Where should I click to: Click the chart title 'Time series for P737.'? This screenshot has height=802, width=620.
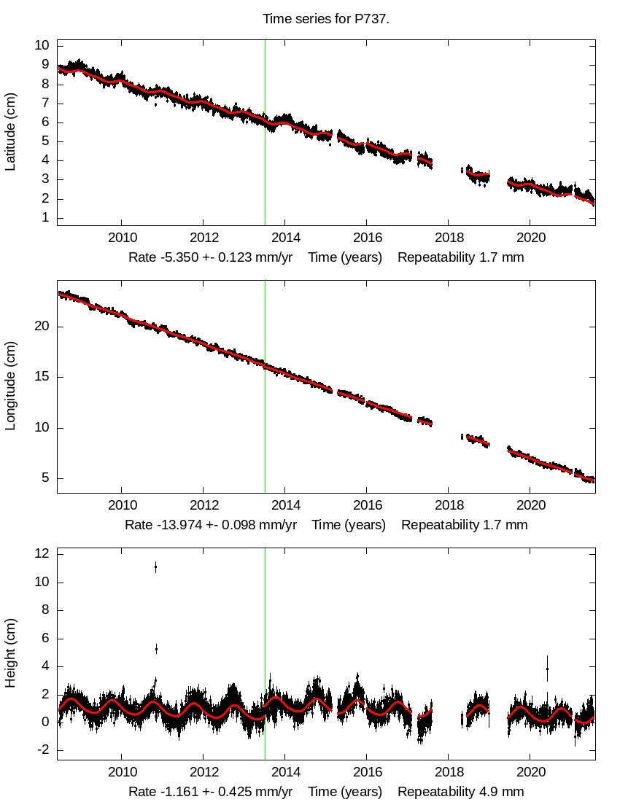[x=326, y=19]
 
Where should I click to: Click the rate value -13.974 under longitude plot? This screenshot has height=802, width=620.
[x=174, y=525]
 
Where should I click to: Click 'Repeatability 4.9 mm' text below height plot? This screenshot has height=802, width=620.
[x=460, y=792]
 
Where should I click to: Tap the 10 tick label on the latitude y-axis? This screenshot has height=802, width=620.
[x=42, y=45]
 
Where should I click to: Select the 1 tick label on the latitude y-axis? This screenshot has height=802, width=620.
[x=45, y=217]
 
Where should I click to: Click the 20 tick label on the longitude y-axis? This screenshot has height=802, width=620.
[x=42, y=327]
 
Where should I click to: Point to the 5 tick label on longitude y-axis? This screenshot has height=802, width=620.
[x=45, y=478]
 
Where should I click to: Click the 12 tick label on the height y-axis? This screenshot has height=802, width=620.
[x=42, y=554]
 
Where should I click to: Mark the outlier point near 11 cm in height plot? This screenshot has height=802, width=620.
[x=155, y=567]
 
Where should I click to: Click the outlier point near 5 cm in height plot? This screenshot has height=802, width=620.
[x=156, y=648]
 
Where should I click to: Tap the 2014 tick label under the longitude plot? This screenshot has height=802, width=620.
[x=285, y=505]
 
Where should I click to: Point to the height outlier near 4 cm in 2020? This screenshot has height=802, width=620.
[x=547, y=669]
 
